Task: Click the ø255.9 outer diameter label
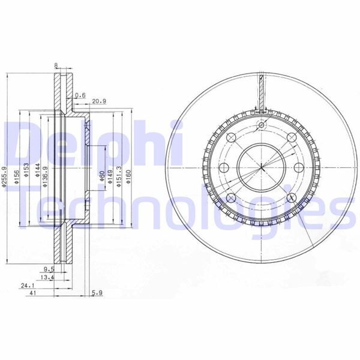[4, 178]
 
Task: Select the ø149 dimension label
[111, 176]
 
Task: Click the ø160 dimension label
[128, 176]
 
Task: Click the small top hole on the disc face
[262, 125]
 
